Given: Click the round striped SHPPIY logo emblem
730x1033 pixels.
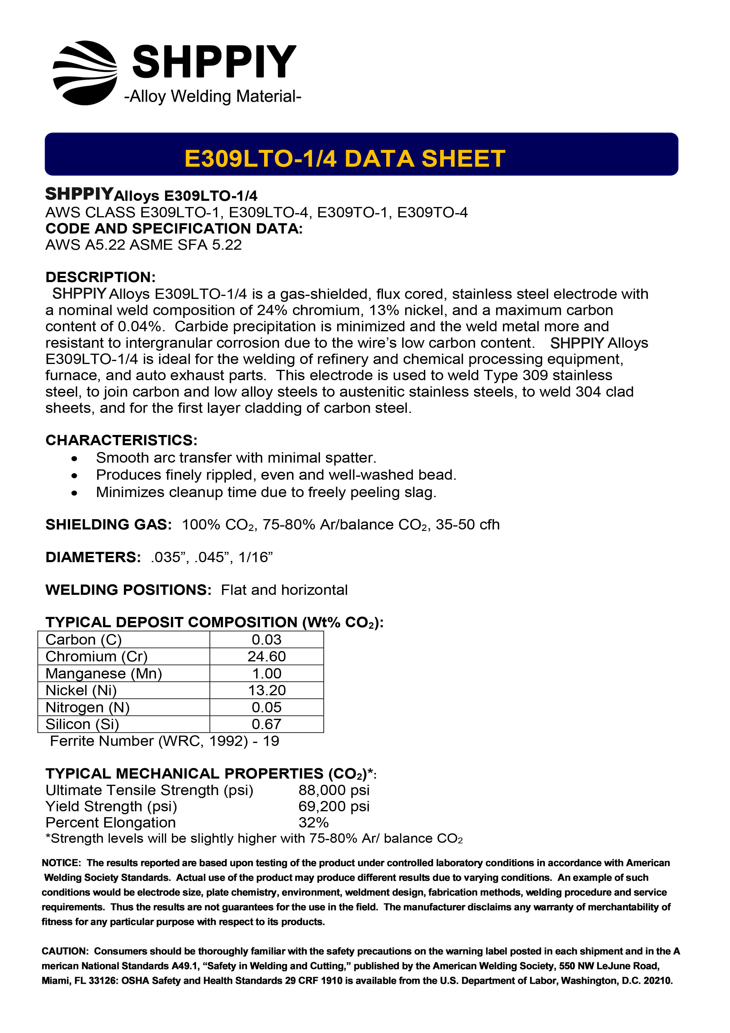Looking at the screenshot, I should click(85, 73).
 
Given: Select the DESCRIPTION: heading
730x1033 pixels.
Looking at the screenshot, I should click(100, 277).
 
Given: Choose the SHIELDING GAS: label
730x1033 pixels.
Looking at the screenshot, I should click(108, 525).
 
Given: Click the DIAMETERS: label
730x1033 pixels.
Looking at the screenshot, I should click(93, 557).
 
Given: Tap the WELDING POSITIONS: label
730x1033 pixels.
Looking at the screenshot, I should click(128, 590).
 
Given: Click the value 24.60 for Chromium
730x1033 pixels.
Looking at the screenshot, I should click(267, 656).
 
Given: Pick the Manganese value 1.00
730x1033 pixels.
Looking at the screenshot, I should click(267, 673).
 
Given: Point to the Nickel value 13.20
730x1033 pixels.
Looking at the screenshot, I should click(267, 690).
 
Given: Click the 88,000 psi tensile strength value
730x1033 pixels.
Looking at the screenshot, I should click(334, 790).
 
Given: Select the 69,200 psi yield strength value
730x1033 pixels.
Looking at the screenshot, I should click(334, 806).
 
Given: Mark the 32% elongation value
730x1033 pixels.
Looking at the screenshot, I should click(313, 822).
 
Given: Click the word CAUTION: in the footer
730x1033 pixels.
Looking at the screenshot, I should click(66, 951).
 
